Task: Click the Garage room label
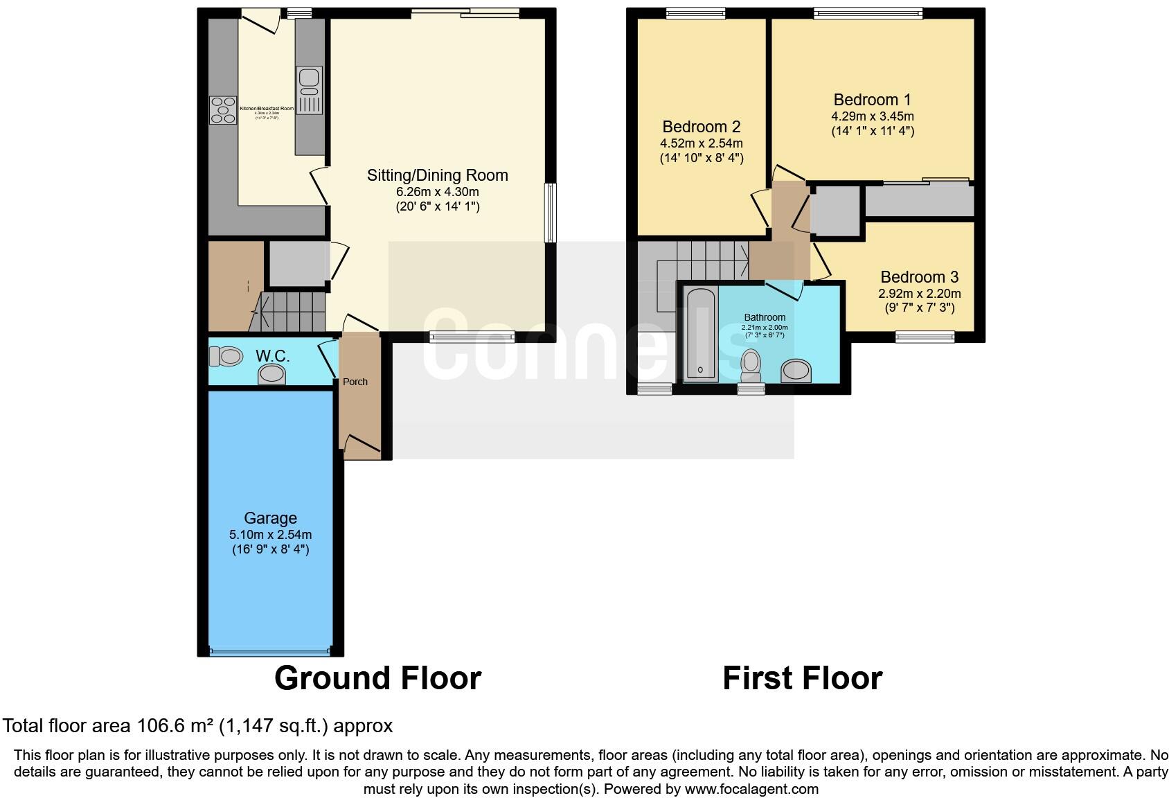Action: pyautogui.click(x=270, y=518)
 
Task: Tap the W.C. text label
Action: pyautogui.click(x=272, y=356)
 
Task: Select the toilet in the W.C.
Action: pyautogui.click(x=226, y=356)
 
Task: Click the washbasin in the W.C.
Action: pyautogui.click(x=272, y=375)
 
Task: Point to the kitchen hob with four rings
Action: pyautogui.click(x=223, y=110)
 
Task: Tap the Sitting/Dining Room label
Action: pyautogui.click(x=437, y=175)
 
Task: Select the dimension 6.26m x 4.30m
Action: pyautogui.click(x=437, y=192)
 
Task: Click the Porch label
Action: pyautogui.click(x=355, y=382)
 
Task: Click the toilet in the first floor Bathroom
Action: pyautogui.click(x=750, y=364)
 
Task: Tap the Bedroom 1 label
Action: pyautogui.click(x=872, y=100)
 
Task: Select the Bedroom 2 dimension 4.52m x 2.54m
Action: pyautogui.click(x=701, y=143)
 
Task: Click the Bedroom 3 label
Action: pyautogui.click(x=919, y=277)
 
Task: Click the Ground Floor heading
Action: pyautogui.click(x=377, y=678)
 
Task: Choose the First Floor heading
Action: pyautogui.click(x=802, y=678)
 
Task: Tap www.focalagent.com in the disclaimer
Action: pyautogui.click(x=751, y=788)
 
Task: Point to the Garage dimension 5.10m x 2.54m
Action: pyautogui.click(x=270, y=535)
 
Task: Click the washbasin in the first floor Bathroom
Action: pyautogui.click(x=796, y=371)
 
